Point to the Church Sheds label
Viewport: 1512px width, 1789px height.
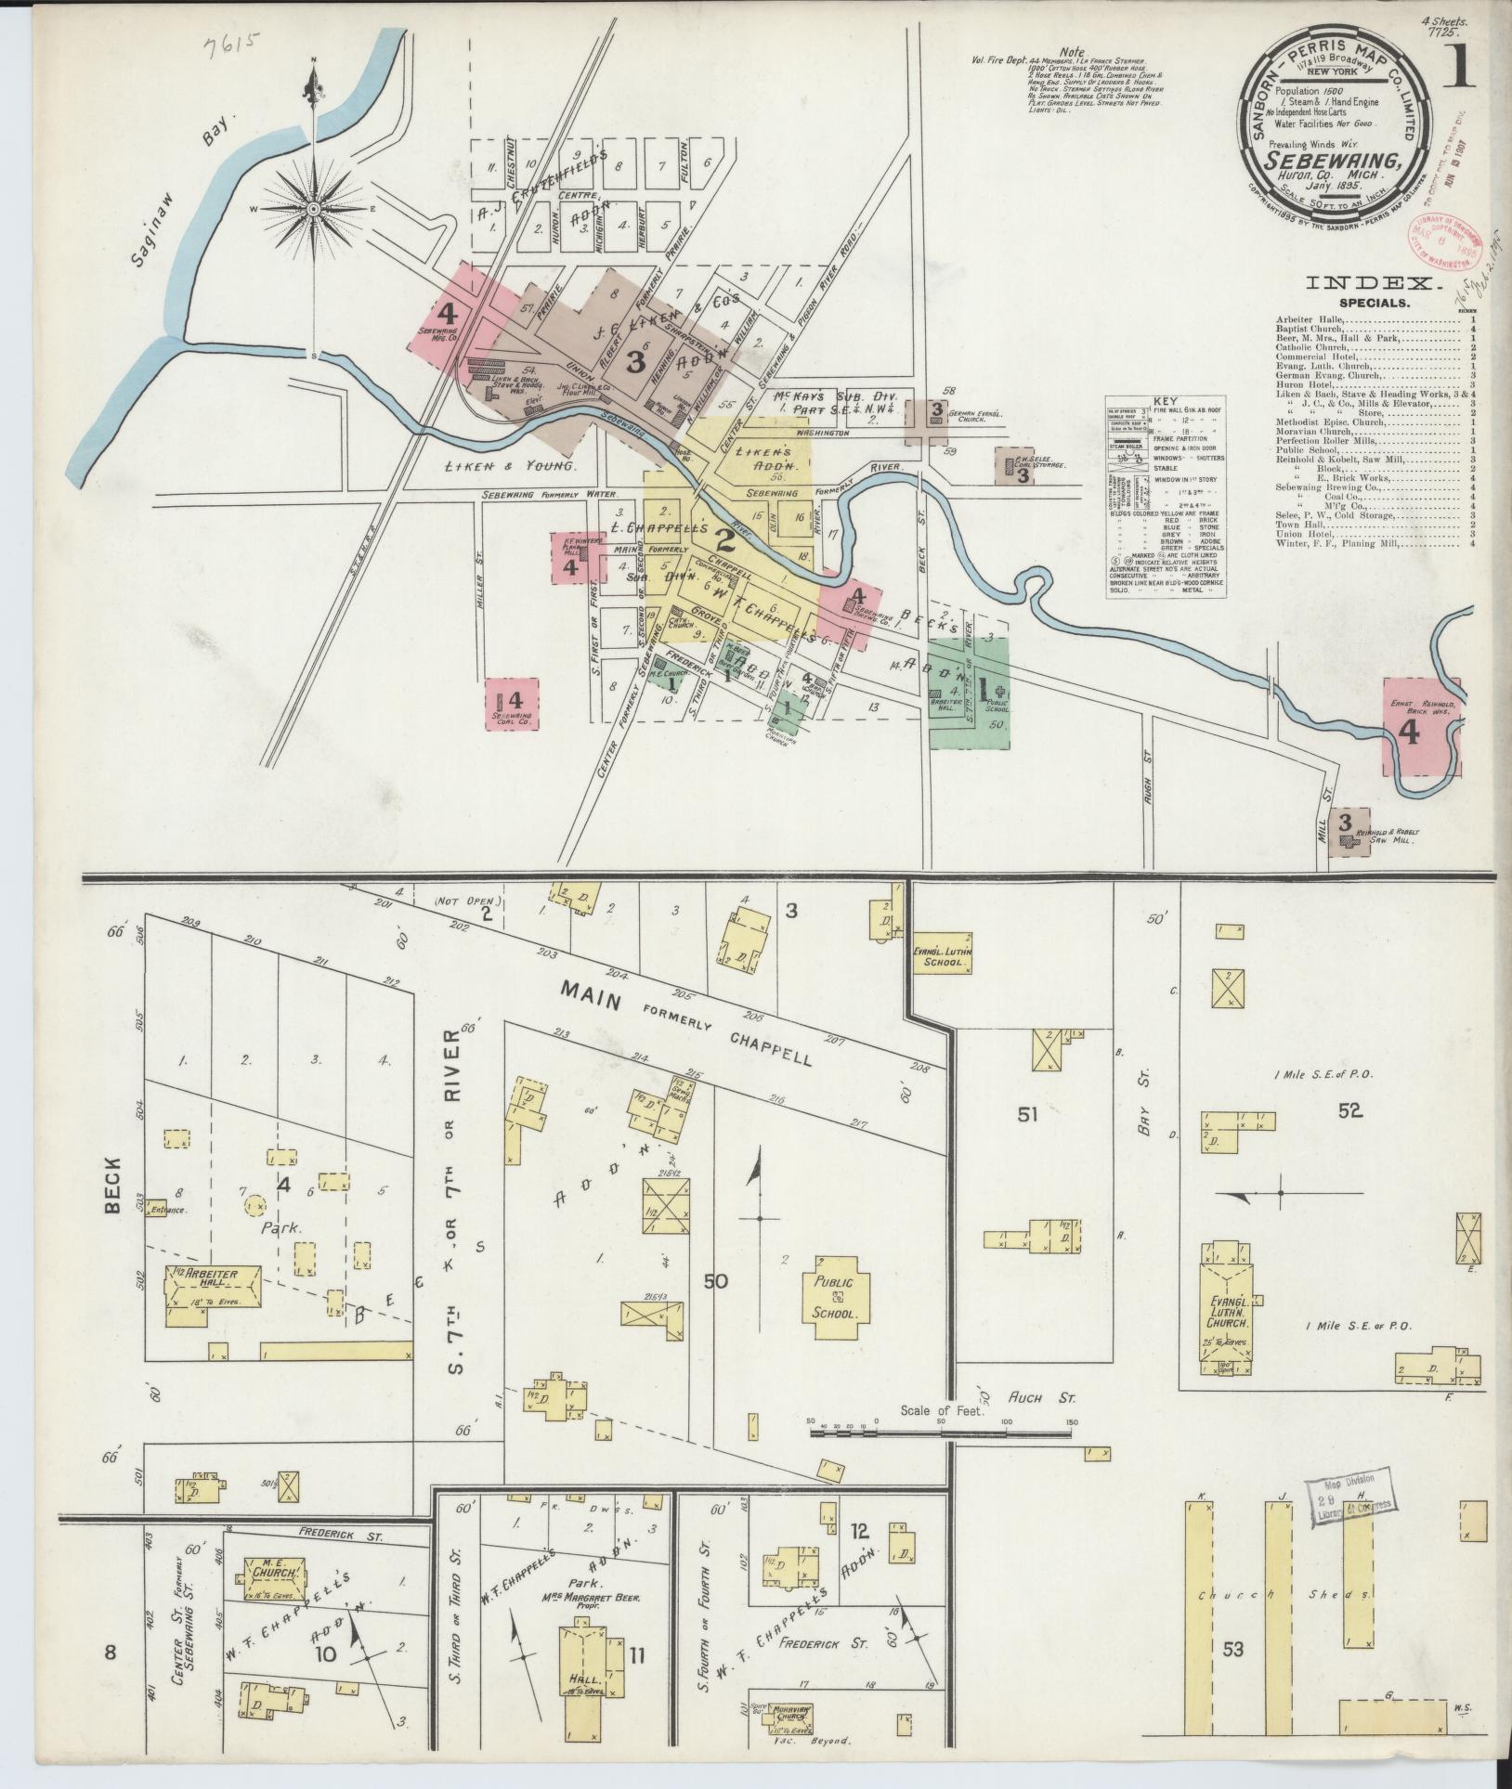1278,1594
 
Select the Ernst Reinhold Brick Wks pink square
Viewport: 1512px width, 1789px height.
1421,726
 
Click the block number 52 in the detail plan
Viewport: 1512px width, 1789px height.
1349,1109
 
